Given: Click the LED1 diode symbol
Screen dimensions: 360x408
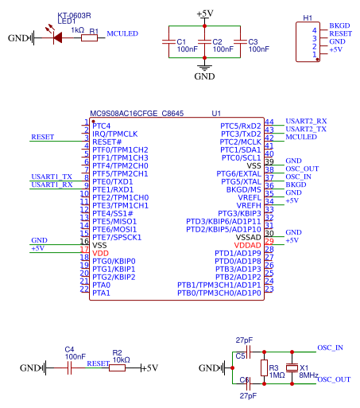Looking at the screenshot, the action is [57, 37].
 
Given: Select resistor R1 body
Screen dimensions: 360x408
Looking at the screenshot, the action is [89, 38].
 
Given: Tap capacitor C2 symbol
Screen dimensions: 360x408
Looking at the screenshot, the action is [204, 41].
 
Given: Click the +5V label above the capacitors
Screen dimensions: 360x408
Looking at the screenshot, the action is [205, 14].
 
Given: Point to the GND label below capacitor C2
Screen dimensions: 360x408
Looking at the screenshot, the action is [204, 76].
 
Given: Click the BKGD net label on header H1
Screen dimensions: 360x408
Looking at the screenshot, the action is [339, 25].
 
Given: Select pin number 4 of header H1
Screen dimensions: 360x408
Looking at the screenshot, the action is [315, 30].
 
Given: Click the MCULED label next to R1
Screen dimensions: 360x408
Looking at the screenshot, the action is [122, 33].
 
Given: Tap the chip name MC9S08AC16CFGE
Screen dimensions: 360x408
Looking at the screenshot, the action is [124, 114].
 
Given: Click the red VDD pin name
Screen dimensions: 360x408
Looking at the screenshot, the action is [100, 254].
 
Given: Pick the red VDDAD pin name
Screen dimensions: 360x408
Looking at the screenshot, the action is [247, 246].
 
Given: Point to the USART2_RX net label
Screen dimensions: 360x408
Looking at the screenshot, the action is [306, 121].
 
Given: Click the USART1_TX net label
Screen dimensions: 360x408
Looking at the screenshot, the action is [52, 177].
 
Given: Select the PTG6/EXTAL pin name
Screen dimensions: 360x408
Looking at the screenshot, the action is [238, 174].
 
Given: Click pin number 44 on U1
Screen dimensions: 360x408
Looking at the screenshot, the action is [269, 122].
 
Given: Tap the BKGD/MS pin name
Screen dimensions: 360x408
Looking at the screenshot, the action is [244, 190].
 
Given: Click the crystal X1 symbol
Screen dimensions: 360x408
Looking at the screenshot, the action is [292, 367].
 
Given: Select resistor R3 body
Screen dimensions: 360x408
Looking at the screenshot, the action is [264, 367].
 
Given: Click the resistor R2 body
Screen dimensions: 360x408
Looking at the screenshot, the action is [117, 367].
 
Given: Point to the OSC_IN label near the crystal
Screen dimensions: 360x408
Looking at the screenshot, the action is [330, 348].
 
